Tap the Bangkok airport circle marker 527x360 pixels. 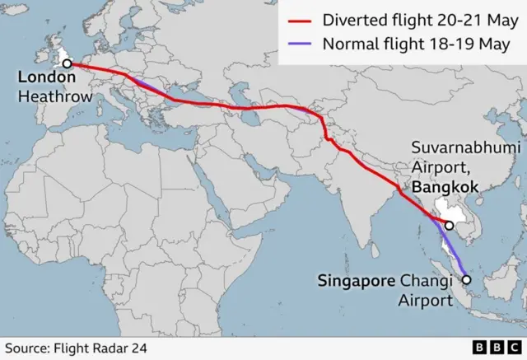click(450, 226)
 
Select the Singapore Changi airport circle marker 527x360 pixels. click(466, 280)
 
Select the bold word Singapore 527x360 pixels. click(356, 281)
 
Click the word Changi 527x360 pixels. click(427, 281)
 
